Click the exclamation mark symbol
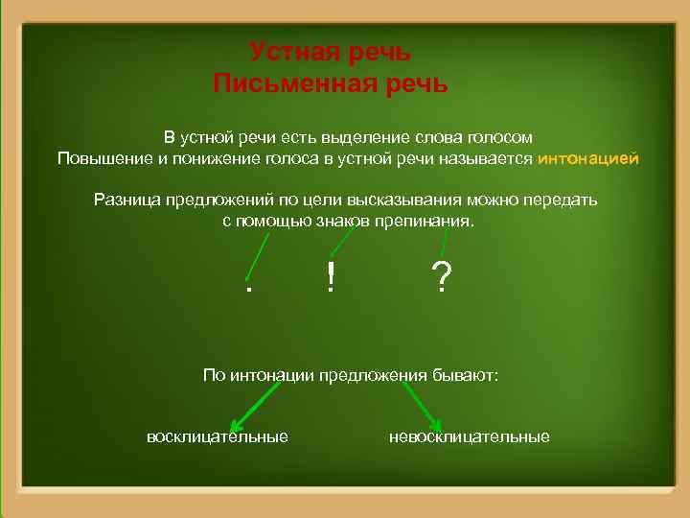[x=330, y=278]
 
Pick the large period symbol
[x=248, y=287]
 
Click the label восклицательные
[x=217, y=437]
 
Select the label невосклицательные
[x=470, y=437]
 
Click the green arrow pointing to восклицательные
[x=254, y=407]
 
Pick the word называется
[x=488, y=158]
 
